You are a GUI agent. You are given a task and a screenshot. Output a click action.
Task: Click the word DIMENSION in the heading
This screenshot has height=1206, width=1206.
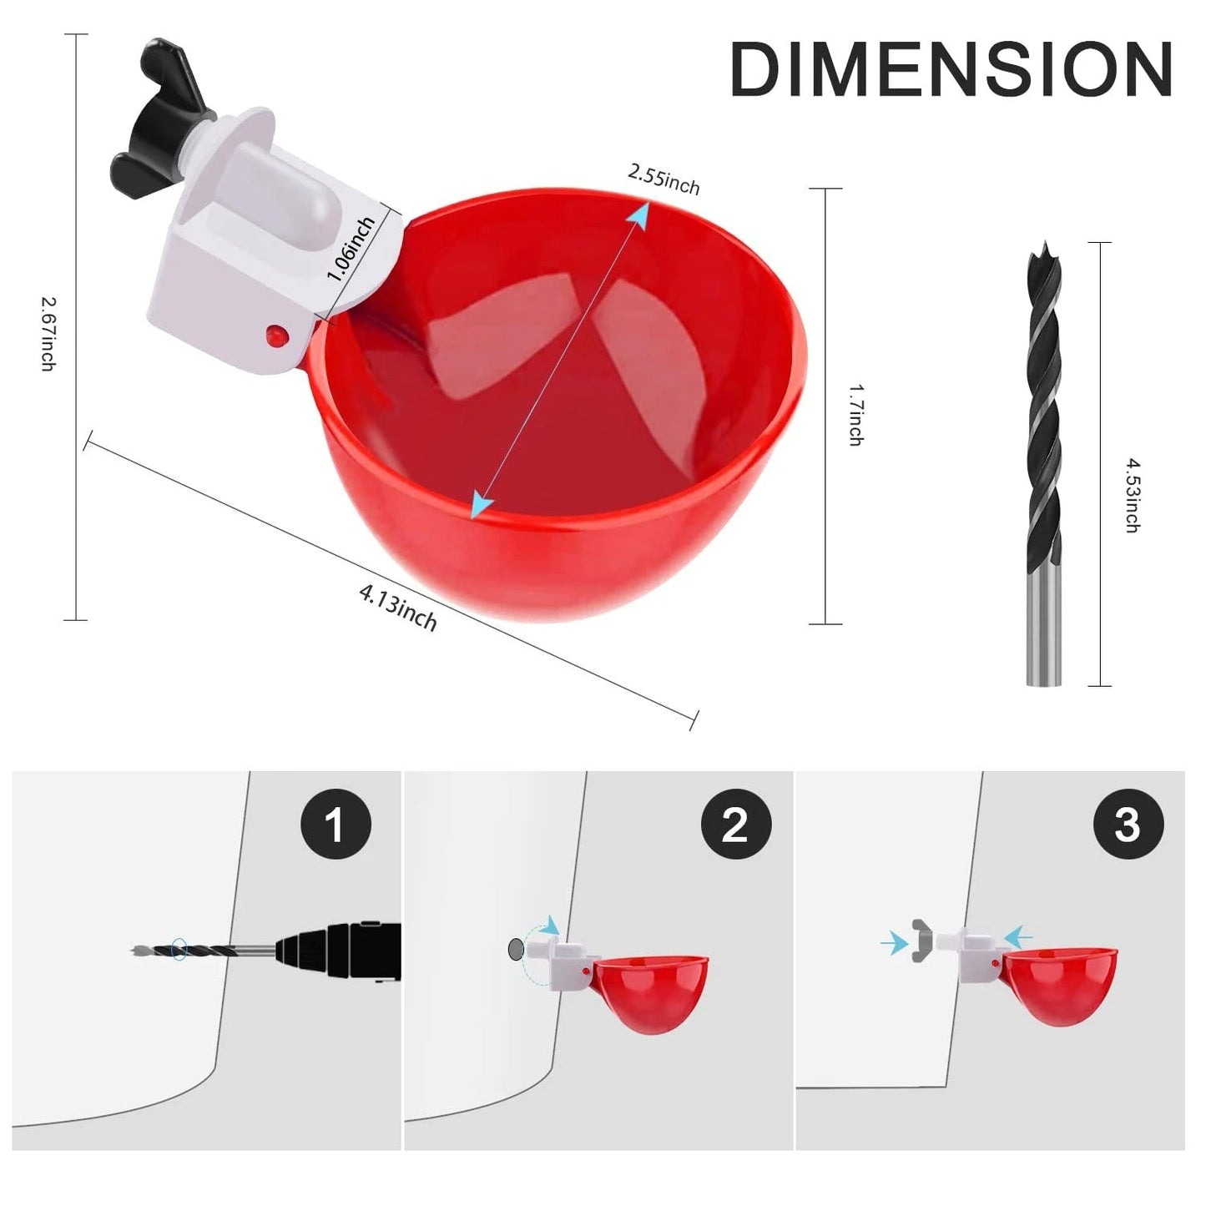point(951,70)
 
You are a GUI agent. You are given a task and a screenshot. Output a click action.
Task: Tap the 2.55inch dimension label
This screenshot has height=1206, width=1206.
point(664,179)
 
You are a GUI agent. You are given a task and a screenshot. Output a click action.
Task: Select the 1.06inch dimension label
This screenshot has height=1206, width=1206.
point(351,249)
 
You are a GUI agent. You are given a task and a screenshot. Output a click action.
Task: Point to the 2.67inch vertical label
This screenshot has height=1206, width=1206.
point(48,334)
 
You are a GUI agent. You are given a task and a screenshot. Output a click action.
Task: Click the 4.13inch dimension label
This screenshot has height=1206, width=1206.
point(398,607)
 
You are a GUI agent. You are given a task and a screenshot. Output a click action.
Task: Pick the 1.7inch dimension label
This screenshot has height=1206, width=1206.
point(855,415)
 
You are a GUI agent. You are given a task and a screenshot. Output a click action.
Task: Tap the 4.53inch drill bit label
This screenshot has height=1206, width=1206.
point(1132,494)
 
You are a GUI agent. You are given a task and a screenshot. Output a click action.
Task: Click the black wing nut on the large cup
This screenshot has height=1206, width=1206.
point(159,113)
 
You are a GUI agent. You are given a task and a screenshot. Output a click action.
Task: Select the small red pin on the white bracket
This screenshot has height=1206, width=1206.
point(276,336)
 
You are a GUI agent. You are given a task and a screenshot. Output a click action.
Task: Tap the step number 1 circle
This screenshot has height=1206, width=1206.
point(336,824)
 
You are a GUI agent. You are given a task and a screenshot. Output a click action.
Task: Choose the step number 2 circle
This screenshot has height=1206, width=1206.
point(735,824)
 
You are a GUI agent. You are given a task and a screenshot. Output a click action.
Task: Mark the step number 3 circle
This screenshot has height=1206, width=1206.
point(1128,824)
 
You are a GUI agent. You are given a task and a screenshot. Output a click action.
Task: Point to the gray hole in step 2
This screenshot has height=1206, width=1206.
point(516,948)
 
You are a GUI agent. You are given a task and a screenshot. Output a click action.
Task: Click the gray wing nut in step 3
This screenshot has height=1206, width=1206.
point(921,941)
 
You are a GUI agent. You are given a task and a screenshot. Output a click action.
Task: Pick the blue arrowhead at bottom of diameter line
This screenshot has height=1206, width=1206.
point(481,504)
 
